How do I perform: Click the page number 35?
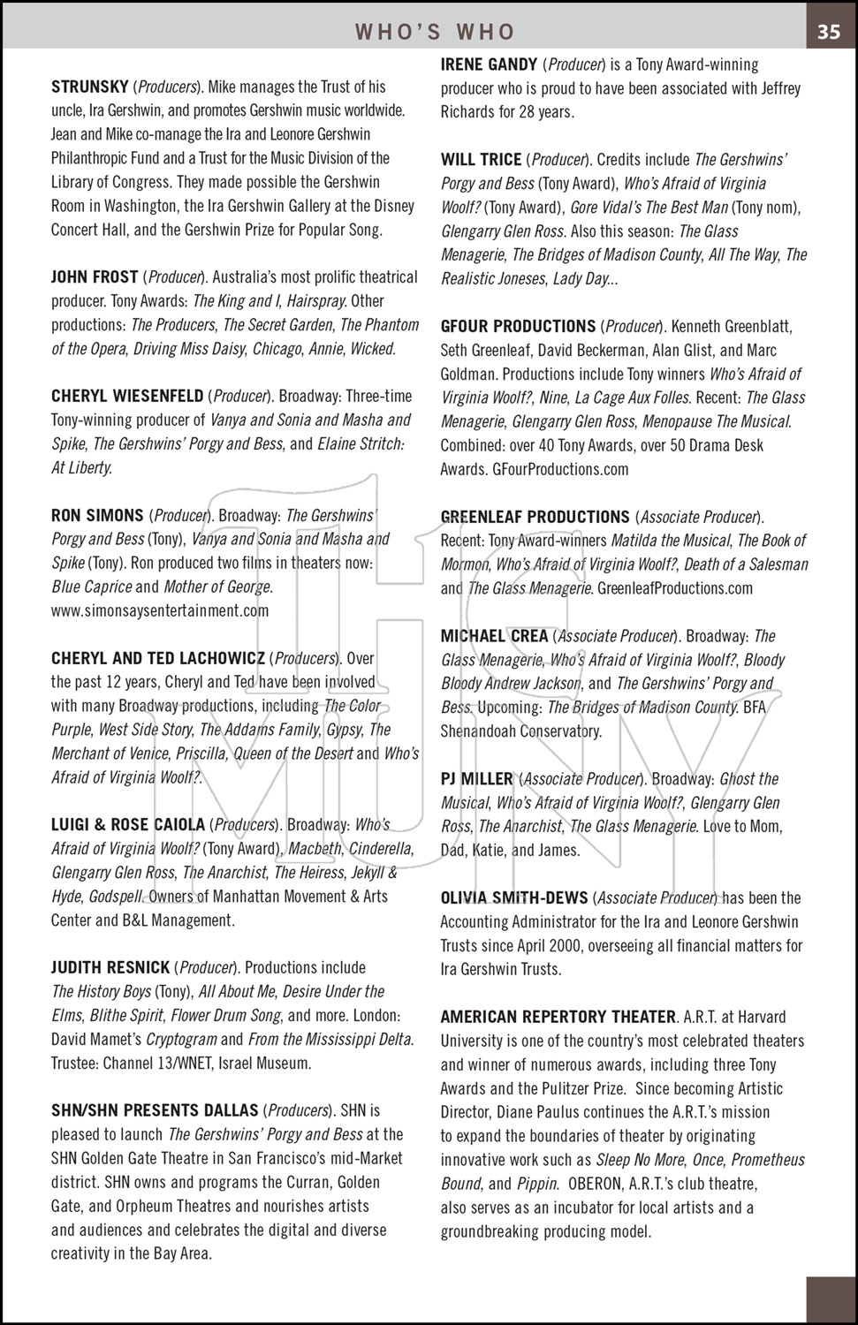[x=828, y=32]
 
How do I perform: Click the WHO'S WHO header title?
[x=435, y=33]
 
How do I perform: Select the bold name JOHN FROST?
[x=95, y=277]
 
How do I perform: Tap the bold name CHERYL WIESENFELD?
[x=127, y=396]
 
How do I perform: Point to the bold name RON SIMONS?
[x=97, y=515]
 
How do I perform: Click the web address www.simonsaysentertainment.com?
[x=160, y=610]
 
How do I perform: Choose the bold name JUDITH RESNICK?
[x=110, y=967]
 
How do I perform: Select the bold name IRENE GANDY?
[x=489, y=64]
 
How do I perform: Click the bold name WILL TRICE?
[x=482, y=160]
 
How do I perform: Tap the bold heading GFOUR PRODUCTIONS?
[x=518, y=326]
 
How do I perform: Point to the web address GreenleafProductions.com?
[x=675, y=587]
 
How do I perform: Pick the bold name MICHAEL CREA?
[x=494, y=636]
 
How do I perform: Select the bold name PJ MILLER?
[x=477, y=779]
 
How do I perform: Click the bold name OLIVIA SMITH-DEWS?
[x=514, y=898]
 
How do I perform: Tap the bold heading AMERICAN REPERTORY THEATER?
[x=558, y=1017]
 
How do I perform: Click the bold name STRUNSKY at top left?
[x=90, y=87]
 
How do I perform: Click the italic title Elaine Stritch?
[x=361, y=443]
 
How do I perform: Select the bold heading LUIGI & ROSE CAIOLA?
[x=128, y=825]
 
